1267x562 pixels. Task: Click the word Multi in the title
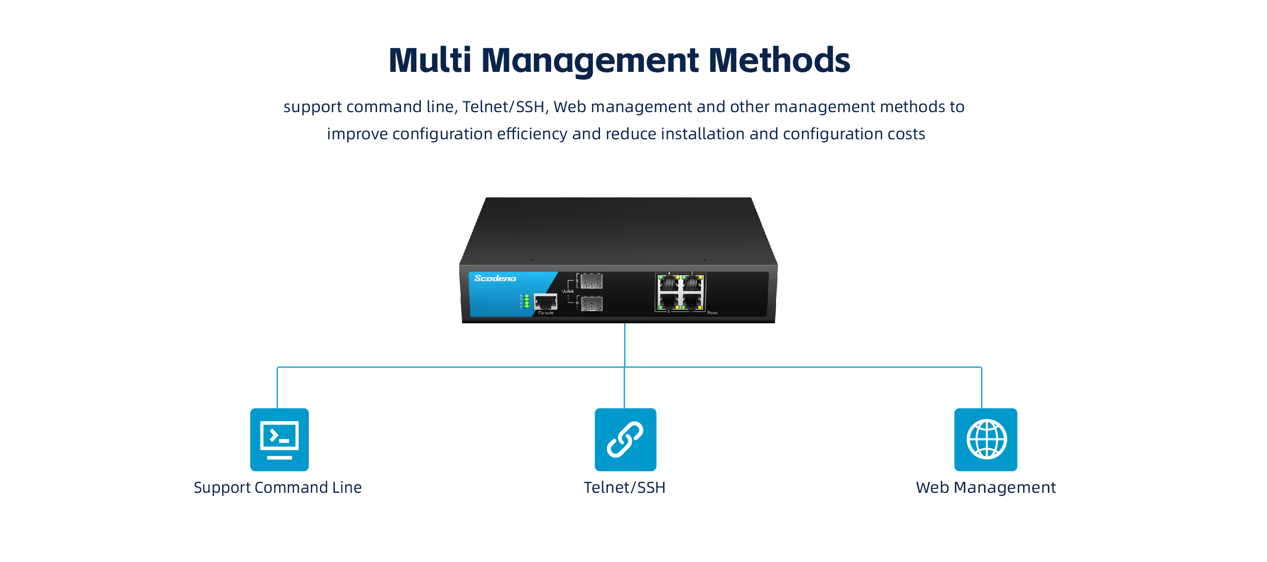(x=430, y=61)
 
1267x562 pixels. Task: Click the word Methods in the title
(x=779, y=61)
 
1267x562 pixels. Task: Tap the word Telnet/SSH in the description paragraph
(x=503, y=107)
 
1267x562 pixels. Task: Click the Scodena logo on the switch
(x=495, y=278)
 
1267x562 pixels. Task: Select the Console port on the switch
(x=545, y=301)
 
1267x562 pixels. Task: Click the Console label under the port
(x=545, y=313)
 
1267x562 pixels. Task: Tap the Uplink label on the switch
(x=568, y=291)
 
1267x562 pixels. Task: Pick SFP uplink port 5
(x=591, y=281)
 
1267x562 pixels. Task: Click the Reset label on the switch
(x=712, y=313)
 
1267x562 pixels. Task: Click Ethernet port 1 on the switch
(x=692, y=301)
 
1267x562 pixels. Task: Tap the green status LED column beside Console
(x=527, y=301)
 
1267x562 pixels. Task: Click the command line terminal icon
(x=279, y=439)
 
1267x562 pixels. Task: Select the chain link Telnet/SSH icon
(x=625, y=439)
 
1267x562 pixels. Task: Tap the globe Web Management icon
(x=986, y=439)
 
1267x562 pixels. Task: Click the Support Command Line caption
(x=277, y=487)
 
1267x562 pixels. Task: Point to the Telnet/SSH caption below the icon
(x=624, y=487)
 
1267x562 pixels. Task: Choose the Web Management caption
(x=986, y=487)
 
